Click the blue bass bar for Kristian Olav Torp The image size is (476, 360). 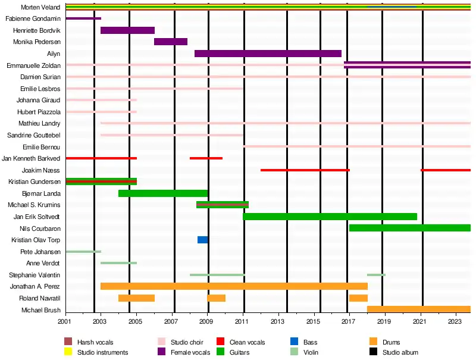click(202, 240)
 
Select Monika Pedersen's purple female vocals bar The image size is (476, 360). click(171, 42)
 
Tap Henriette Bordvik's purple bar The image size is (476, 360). click(127, 30)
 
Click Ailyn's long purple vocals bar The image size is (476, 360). click(268, 54)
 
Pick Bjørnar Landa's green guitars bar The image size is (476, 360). click(163, 193)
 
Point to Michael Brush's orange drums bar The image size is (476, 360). click(419, 309)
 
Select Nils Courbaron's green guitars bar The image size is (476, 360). click(410, 228)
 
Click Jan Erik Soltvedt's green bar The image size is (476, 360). click(330, 217)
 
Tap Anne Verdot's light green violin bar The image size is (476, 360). click(118, 263)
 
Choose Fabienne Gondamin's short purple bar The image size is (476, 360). click(83, 18)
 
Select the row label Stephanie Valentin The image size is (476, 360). click(35, 275)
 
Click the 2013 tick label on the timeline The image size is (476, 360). click(277, 322)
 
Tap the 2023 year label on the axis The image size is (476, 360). click(455, 322)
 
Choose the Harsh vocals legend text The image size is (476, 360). click(95, 342)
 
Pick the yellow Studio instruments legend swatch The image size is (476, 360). click(68, 352)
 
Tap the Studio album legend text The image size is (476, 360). click(400, 352)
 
